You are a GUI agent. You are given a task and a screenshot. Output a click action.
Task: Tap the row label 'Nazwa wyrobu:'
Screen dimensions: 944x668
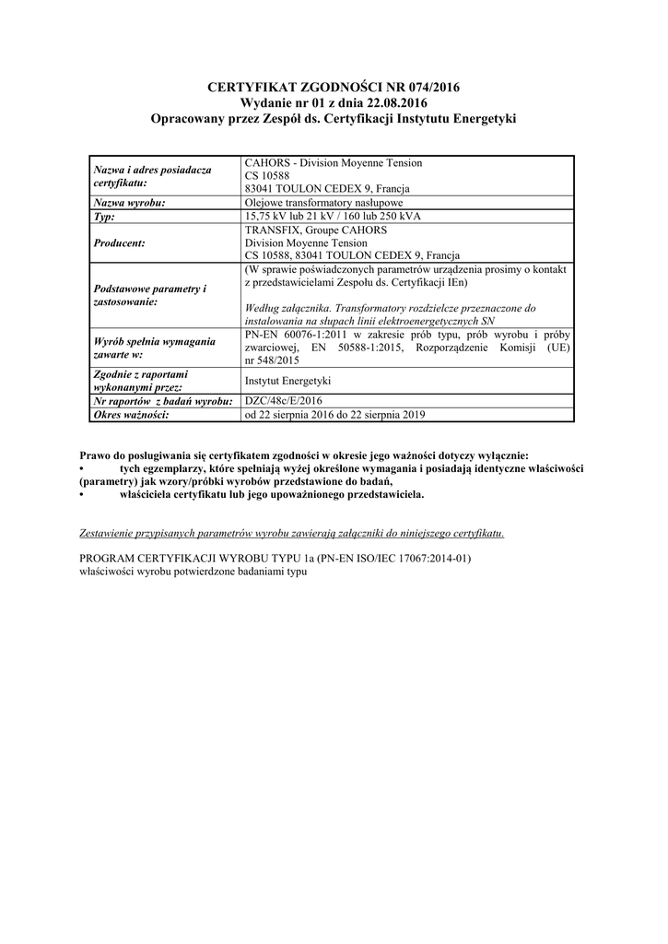(130, 203)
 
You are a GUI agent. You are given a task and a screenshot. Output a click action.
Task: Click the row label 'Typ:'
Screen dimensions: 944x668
(104, 217)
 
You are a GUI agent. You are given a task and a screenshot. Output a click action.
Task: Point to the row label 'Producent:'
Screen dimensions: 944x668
(121, 242)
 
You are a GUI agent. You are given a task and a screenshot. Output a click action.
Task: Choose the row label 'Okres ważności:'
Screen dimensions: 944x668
(133, 415)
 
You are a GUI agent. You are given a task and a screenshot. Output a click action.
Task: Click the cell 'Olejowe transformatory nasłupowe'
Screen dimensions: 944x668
(323, 203)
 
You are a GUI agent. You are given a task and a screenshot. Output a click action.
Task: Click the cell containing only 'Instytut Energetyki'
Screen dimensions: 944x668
(287, 381)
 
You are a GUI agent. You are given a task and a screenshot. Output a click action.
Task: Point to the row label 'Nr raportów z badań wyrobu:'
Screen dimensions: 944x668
(161, 401)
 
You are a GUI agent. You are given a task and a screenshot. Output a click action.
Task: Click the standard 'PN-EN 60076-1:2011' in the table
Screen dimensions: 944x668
(295, 334)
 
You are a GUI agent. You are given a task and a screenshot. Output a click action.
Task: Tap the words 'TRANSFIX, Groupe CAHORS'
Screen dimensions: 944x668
(316, 230)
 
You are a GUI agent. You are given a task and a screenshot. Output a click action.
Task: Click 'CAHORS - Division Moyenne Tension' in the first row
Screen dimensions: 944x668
(334, 163)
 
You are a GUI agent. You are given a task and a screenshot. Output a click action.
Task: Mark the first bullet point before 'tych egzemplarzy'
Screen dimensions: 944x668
(83, 468)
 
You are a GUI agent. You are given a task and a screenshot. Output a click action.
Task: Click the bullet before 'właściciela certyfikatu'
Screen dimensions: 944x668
(83, 494)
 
